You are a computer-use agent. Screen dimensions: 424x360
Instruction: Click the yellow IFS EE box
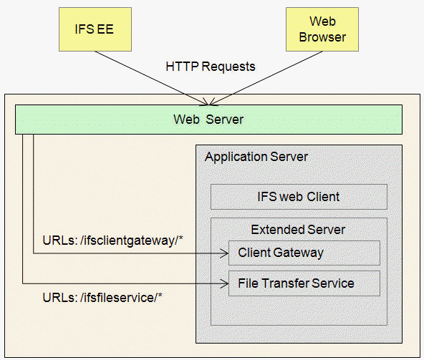[x=95, y=29]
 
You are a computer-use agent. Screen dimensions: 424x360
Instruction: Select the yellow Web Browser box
[x=322, y=29]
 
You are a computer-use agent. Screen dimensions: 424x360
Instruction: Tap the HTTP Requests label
[x=211, y=67]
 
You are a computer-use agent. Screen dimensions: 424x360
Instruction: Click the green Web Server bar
[x=208, y=120]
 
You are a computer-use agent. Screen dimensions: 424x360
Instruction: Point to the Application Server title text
[x=256, y=157]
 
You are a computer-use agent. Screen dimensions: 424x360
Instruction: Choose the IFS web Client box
[x=299, y=197]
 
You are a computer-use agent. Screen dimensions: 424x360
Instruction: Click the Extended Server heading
[x=298, y=230]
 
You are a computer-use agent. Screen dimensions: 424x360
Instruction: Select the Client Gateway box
[x=304, y=253]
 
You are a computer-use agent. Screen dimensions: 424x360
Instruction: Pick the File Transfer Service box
[x=304, y=283]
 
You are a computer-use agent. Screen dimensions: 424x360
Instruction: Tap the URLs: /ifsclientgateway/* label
[x=113, y=240]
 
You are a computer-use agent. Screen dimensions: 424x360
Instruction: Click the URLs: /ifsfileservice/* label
[x=102, y=298]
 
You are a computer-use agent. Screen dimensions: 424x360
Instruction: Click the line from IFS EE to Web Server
[x=152, y=78]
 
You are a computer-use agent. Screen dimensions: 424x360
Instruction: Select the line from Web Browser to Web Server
[x=266, y=78]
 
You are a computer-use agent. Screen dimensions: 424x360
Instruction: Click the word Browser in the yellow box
[x=322, y=37]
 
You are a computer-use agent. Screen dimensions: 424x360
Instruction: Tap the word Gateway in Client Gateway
[x=298, y=253]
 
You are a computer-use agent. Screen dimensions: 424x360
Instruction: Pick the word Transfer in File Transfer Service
[x=285, y=283]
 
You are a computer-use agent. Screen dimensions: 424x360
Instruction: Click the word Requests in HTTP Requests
[x=228, y=67]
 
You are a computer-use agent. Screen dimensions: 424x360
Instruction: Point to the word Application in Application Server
[x=236, y=157]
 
